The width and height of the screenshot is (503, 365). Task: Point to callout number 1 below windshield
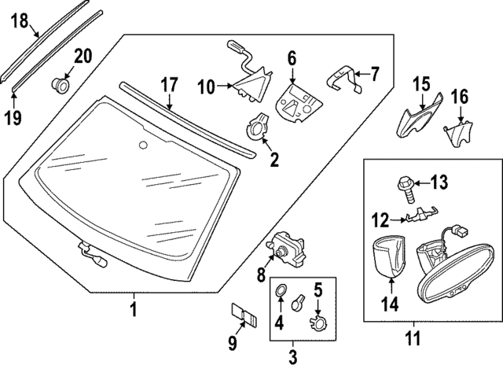(134, 308)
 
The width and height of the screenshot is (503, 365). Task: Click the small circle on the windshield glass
(142, 145)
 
